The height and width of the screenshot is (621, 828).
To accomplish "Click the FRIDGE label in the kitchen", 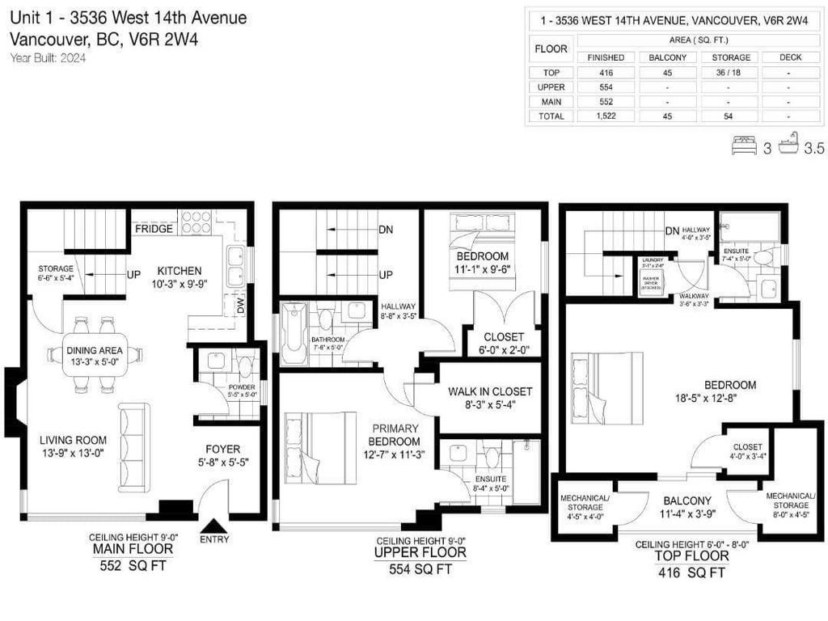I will pos(153,229).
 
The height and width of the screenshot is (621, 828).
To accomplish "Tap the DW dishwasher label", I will pos(239,306).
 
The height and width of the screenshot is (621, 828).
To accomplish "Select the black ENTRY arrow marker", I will pos(213,526).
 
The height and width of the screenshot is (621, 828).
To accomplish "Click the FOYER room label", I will pos(222,449).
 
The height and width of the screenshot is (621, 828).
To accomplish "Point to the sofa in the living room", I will pos(134,446).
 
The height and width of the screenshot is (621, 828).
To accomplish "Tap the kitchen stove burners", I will pos(196,222).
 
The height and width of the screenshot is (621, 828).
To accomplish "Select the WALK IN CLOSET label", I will pos(490,392).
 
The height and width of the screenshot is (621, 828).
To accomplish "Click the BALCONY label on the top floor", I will pos(687,501).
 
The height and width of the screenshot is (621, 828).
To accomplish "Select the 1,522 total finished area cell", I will pos(606,116).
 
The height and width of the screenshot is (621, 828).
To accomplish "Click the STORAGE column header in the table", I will pos(730,57).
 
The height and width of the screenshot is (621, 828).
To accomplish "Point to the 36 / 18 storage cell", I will pos(730,72).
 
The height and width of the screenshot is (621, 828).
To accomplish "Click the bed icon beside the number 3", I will pos(744,146).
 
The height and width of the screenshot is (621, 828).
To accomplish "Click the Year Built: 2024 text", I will pos(49,57).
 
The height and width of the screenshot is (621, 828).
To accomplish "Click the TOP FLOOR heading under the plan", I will pos(691,557).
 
